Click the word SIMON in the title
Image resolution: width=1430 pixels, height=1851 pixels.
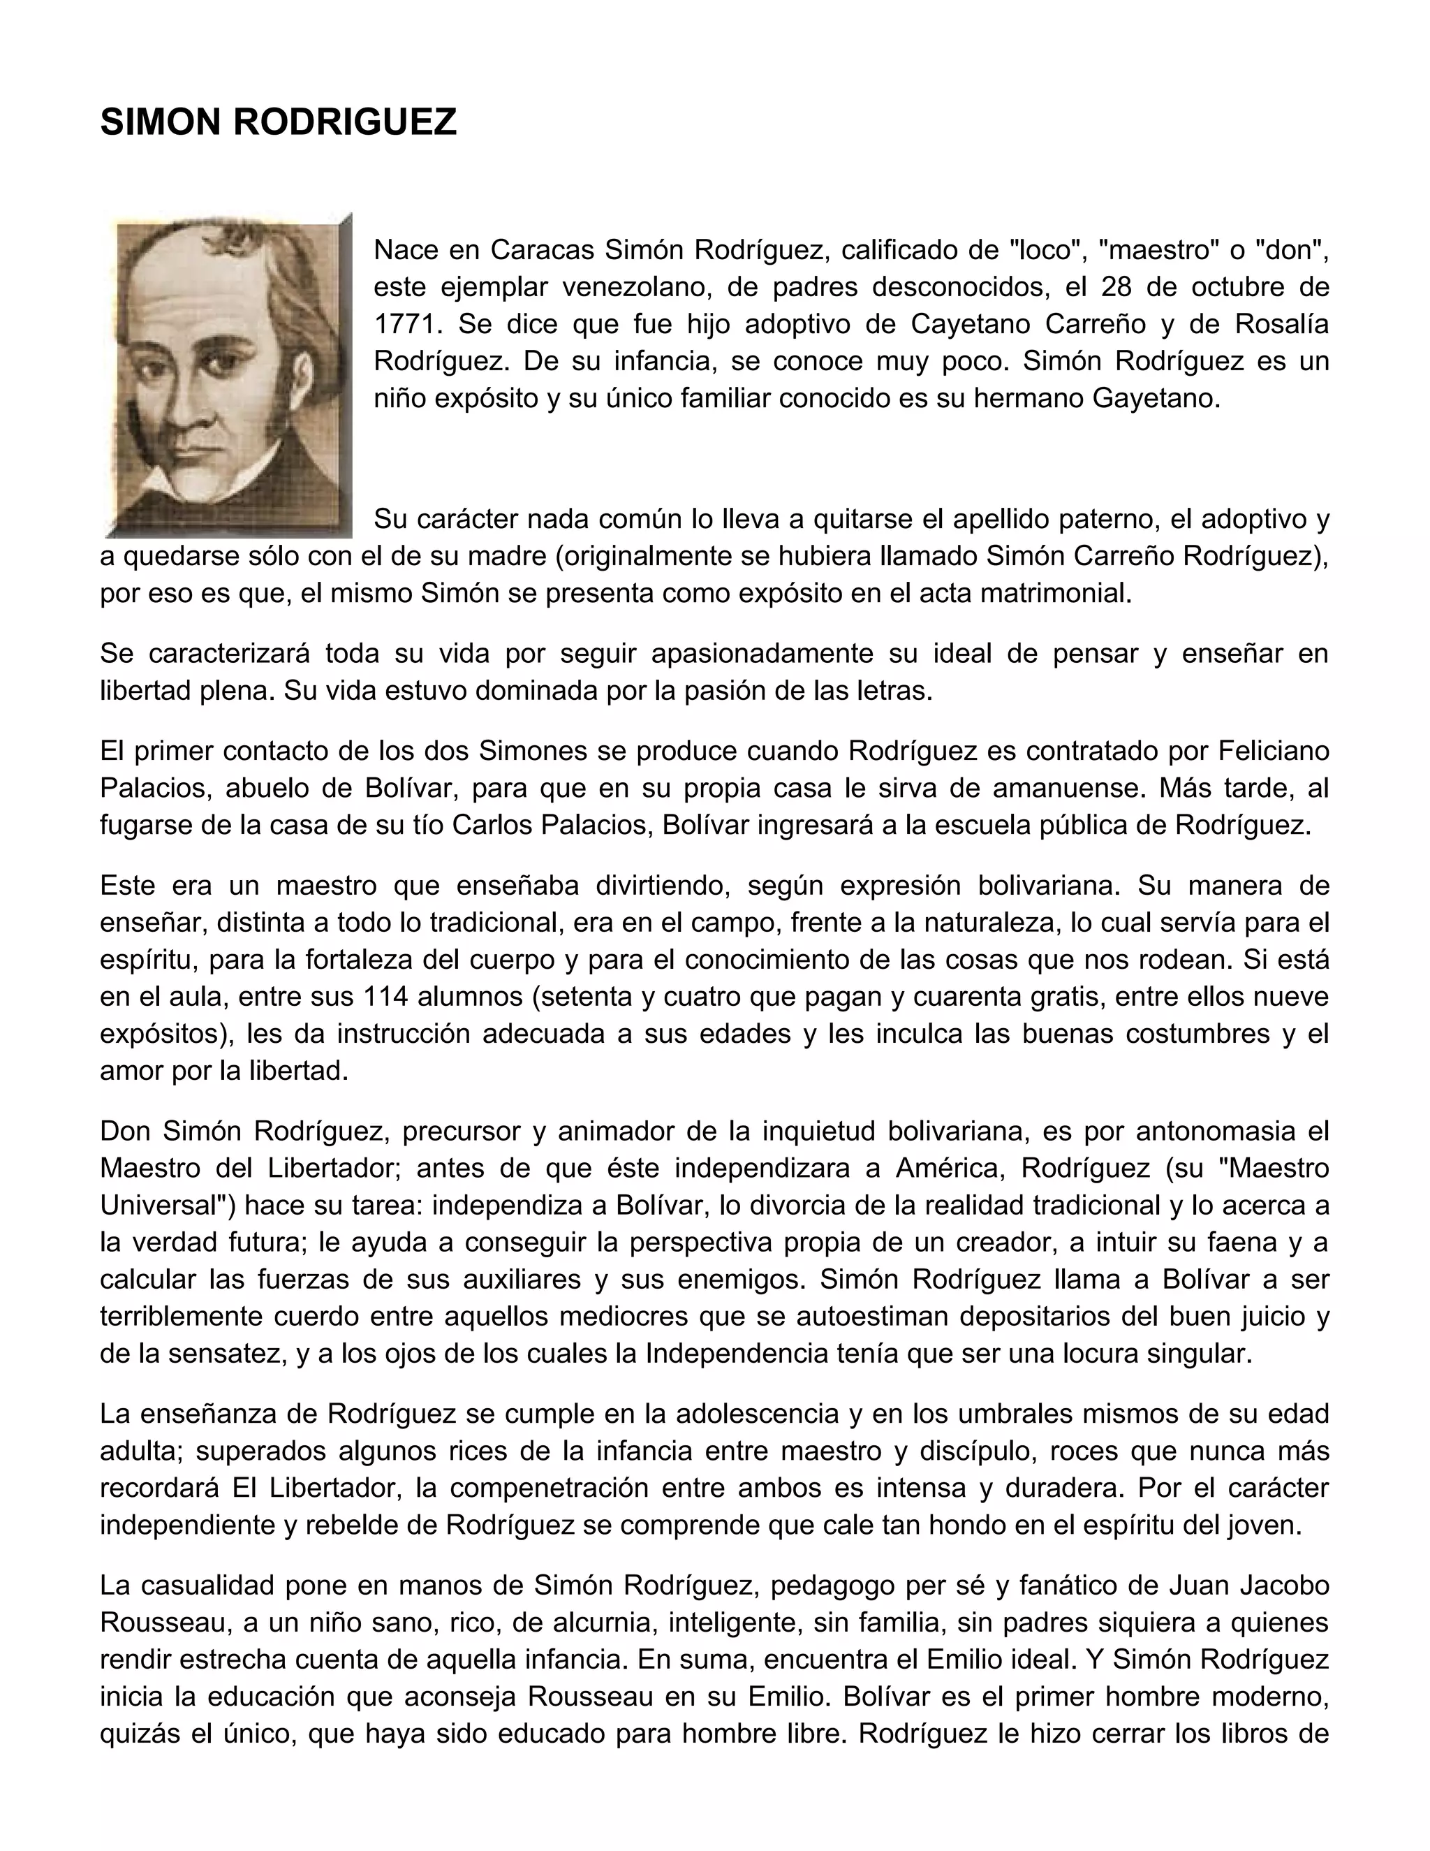(x=160, y=123)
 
